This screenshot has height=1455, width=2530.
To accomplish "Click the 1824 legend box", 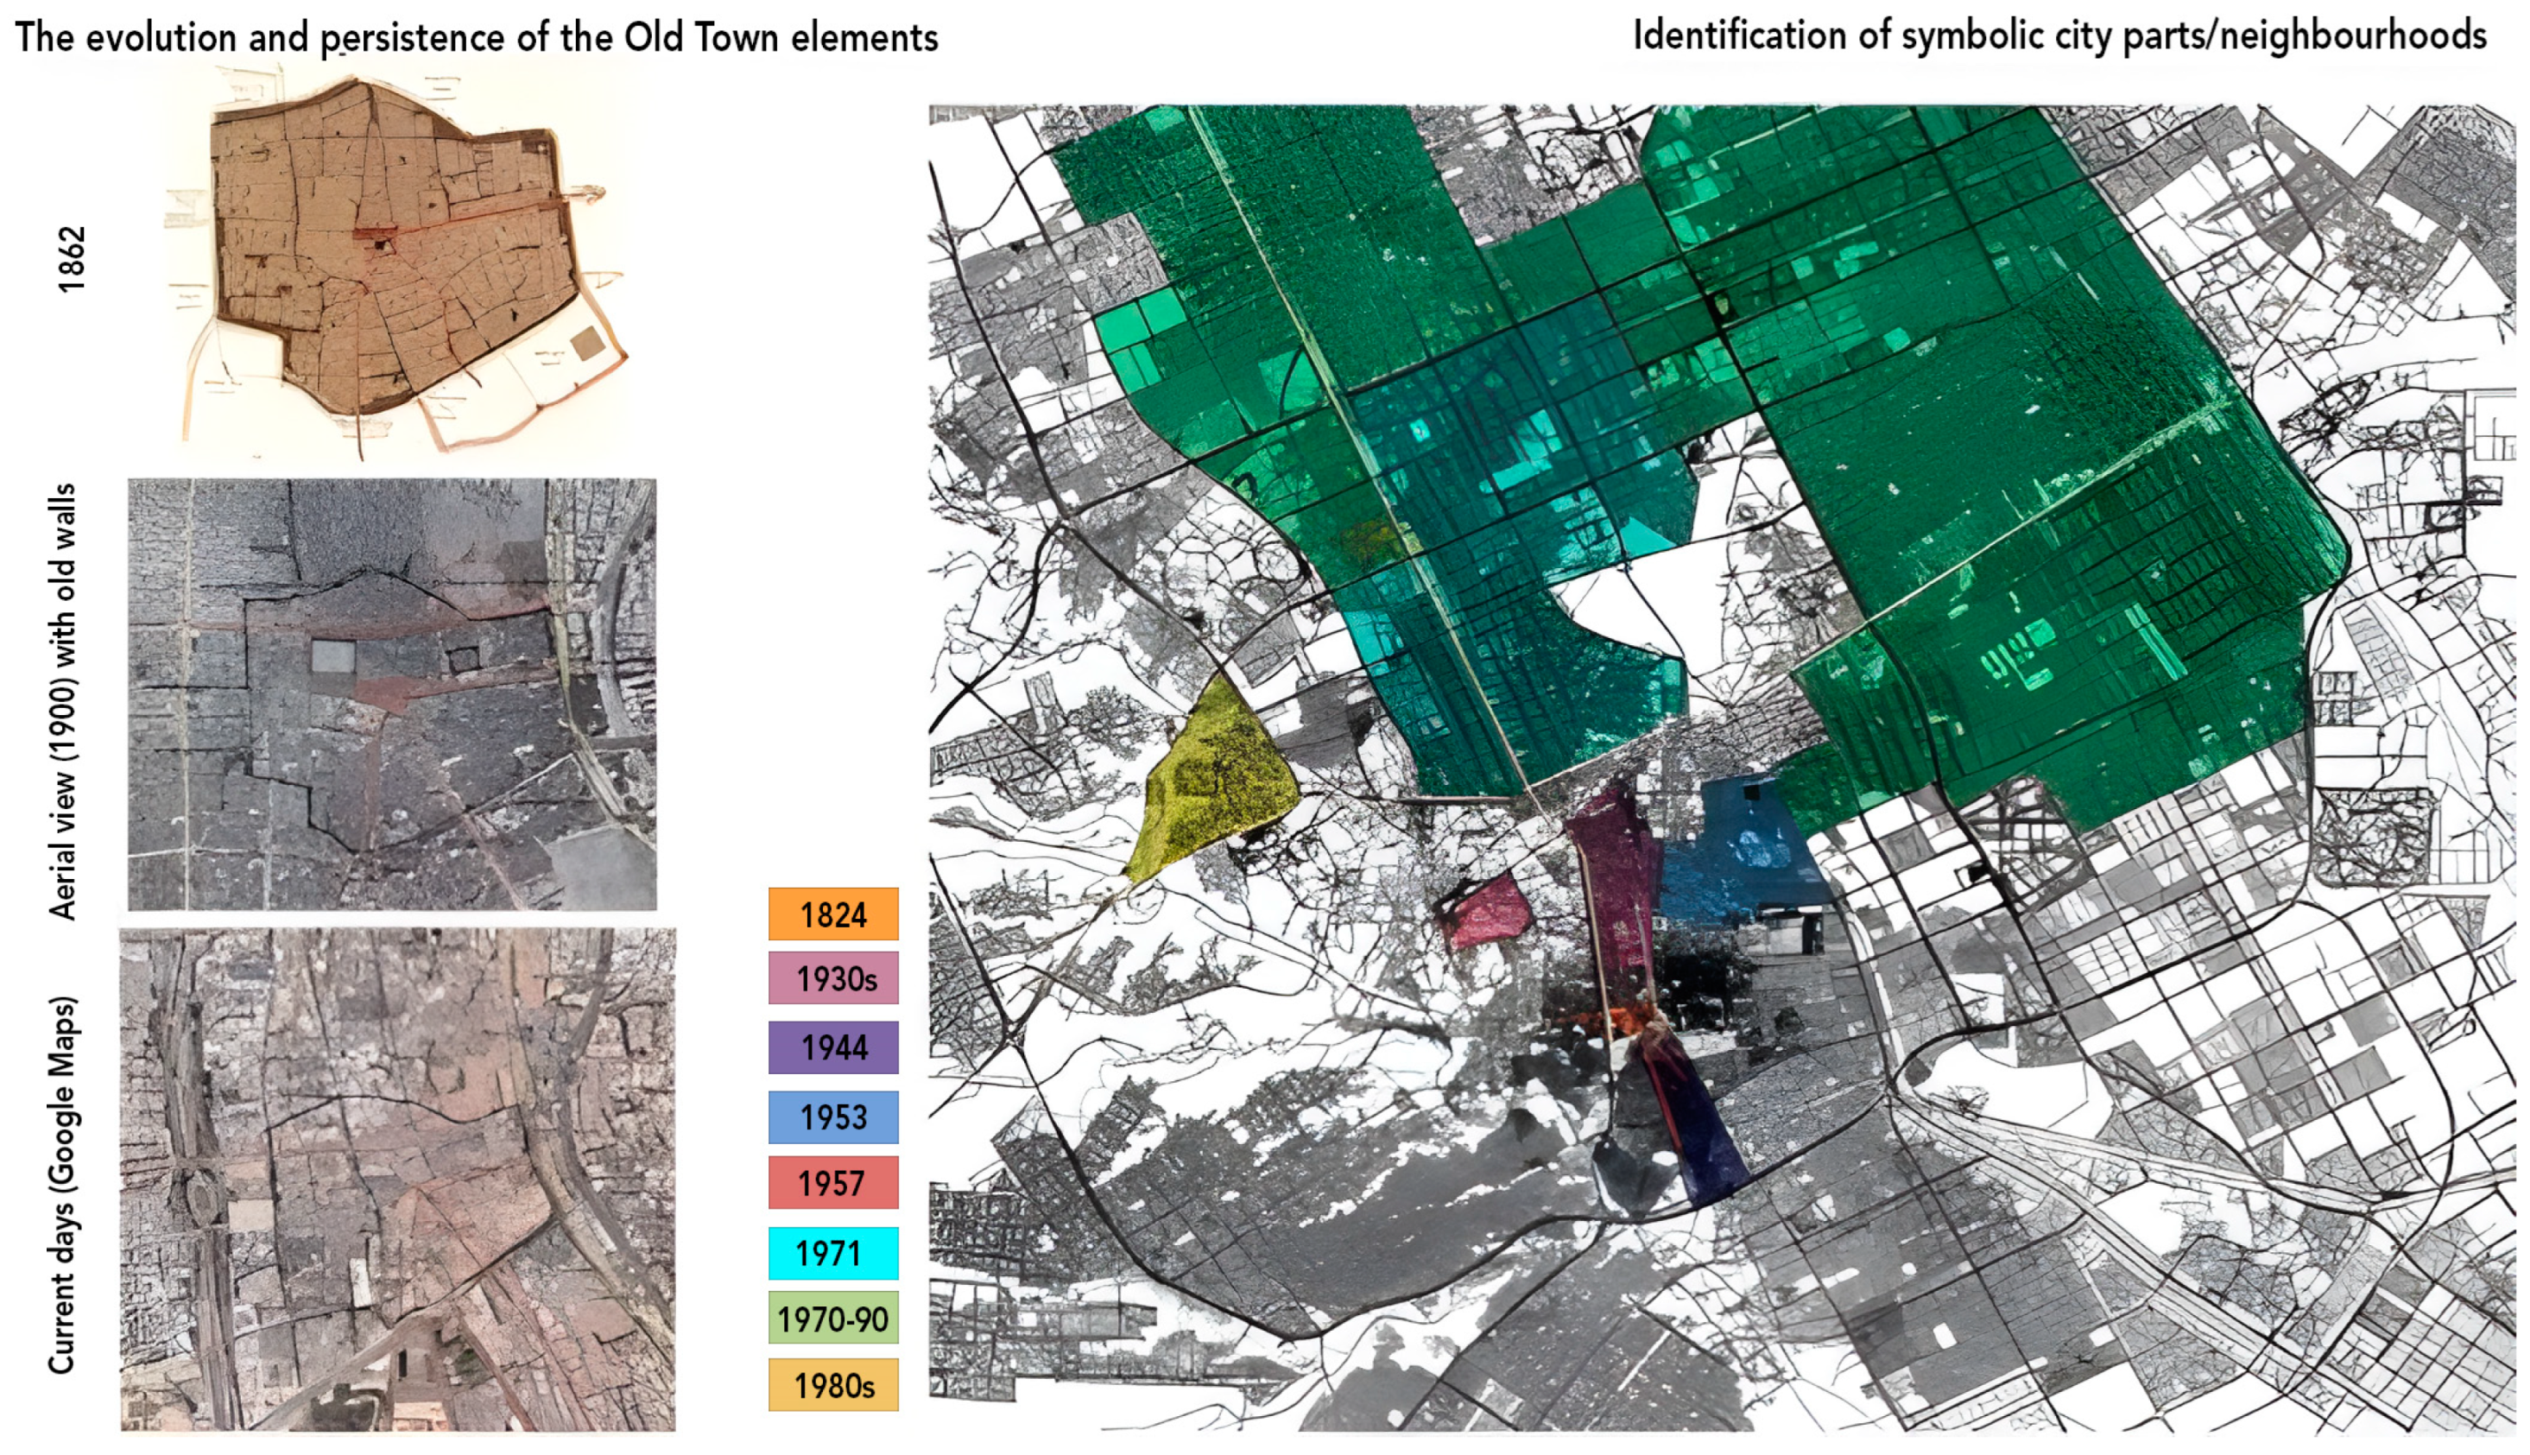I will click(832, 914).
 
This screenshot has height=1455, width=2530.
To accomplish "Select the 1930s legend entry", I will click(832, 978).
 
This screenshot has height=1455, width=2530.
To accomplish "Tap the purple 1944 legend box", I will click(832, 1047).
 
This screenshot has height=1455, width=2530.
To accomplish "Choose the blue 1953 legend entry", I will click(832, 1117).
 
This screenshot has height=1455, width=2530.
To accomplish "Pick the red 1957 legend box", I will click(832, 1183).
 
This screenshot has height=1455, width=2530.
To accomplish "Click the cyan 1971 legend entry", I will click(832, 1253).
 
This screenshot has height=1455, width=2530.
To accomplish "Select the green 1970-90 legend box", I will click(832, 1319).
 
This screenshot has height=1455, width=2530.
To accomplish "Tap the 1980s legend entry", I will click(832, 1385).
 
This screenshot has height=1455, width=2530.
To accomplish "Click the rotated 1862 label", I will click(71, 260).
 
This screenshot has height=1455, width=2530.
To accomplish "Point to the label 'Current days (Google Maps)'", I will click(62, 1184).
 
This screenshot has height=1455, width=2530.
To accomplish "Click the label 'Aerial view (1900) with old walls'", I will click(62, 701).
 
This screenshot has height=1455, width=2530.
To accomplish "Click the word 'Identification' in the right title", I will click(1740, 36).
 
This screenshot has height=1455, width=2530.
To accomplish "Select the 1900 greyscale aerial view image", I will click(392, 694).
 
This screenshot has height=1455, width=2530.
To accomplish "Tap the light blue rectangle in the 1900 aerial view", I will click(332, 657).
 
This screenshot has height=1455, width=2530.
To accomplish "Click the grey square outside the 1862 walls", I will click(587, 344).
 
